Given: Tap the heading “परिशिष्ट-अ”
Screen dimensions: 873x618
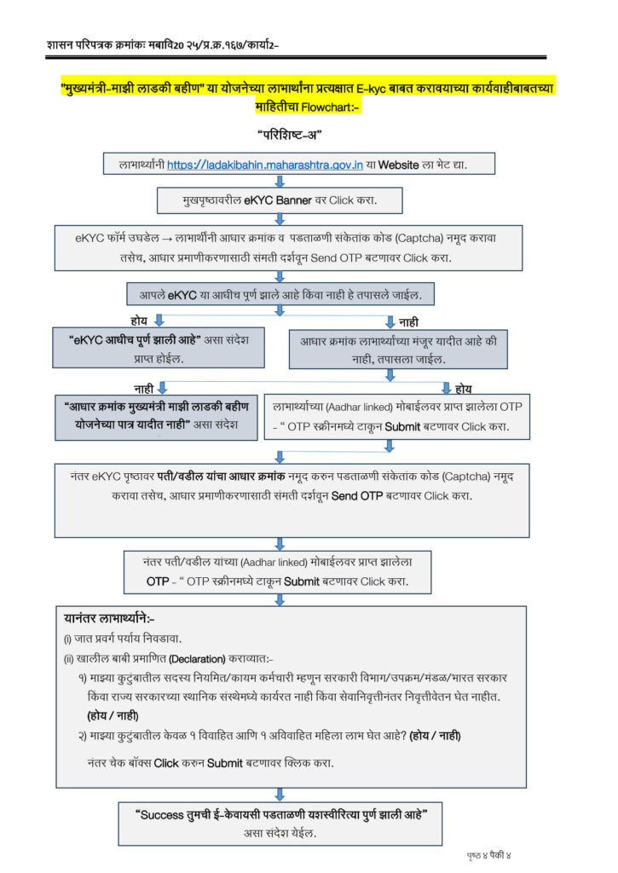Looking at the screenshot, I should (x=289, y=135).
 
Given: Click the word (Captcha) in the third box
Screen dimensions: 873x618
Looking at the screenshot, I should (x=447, y=240).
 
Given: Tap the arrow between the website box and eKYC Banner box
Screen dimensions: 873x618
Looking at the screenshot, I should (x=279, y=182).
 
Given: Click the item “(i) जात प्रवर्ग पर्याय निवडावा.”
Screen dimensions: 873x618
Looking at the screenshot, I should (x=124, y=639).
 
